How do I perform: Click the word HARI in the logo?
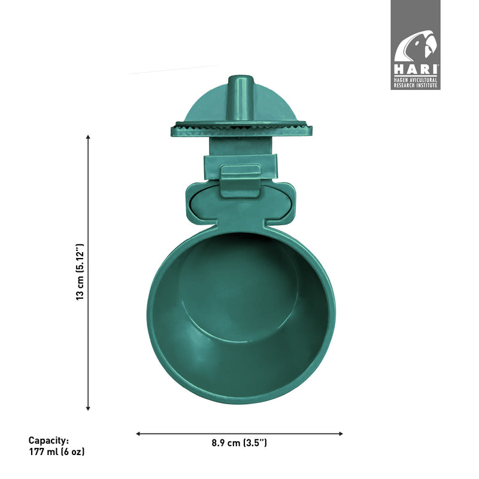click(416, 70)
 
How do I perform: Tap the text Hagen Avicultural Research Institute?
click(416, 83)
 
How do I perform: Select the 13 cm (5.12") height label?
click(80, 272)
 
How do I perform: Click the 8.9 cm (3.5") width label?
click(239, 443)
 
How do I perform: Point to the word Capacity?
click(48, 440)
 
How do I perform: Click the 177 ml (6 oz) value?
click(57, 452)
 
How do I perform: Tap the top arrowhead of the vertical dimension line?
click(88, 137)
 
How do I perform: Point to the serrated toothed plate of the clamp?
click(239, 126)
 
